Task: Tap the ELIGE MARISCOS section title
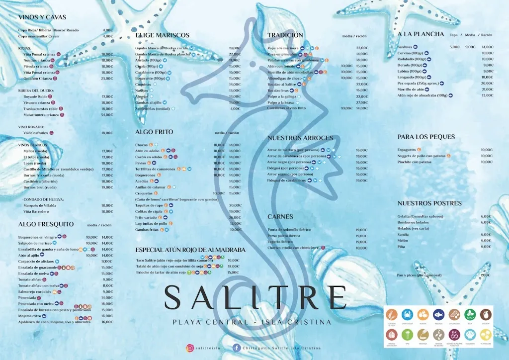[x=162, y=35]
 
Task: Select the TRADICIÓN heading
[x=285, y=35]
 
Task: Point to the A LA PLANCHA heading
[x=421, y=34]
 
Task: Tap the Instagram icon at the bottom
[x=189, y=349]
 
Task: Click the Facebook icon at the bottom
[x=237, y=349]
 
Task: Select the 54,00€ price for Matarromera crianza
[x=107, y=115]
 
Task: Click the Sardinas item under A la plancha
[x=405, y=47]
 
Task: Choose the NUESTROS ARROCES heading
[x=300, y=138]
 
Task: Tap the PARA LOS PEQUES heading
[x=426, y=137]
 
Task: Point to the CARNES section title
[x=280, y=217]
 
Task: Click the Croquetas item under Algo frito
[x=144, y=193]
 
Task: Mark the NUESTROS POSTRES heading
[x=429, y=203]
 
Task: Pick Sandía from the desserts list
[x=403, y=235]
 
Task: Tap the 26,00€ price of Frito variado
[x=235, y=217]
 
